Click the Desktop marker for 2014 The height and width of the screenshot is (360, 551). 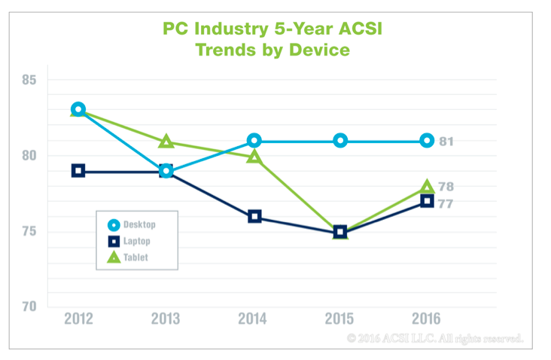coord(254,141)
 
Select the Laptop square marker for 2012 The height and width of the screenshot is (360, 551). coord(78,171)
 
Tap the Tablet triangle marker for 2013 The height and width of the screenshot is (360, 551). coord(166,142)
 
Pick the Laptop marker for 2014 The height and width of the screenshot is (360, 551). coord(254,217)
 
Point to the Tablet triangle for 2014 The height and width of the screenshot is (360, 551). coord(254,157)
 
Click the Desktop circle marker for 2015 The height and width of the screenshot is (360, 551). coord(340,141)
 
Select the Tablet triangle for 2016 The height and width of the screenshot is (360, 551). coord(427,187)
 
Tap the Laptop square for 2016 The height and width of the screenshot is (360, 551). coord(427,201)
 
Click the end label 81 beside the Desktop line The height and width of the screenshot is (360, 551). coord(447,142)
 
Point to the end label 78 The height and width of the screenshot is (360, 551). coord(447,187)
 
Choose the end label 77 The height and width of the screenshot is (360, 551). coord(447,203)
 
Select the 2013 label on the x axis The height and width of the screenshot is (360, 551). coord(166,319)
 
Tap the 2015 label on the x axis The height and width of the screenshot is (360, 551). coord(340,319)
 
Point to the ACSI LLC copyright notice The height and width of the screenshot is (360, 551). coord(434,338)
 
